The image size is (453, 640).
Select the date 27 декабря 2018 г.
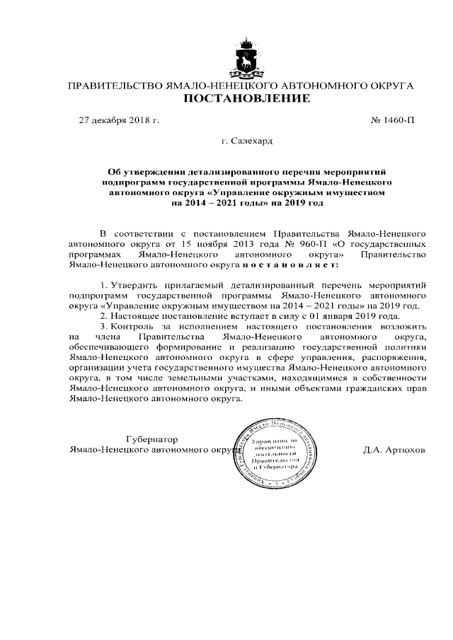(x=118, y=121)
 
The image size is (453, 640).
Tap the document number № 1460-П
(x=393, y=121)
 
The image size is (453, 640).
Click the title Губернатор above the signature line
(x=151, y=438)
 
